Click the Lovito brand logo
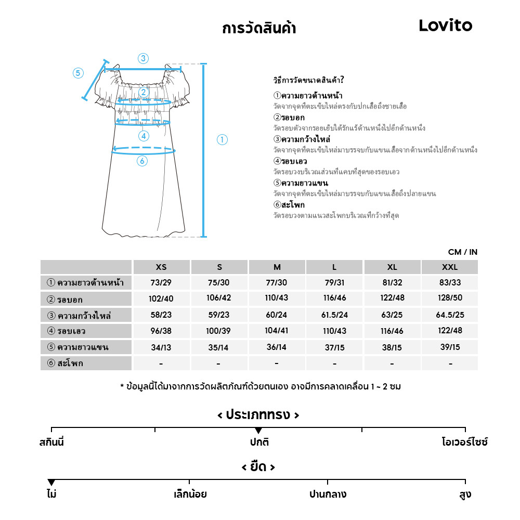point(445,25)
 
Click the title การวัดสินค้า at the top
point(258,28)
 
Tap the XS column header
point(161,267)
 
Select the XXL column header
point(449,267)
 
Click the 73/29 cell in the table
point(161,283)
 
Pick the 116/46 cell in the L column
point(334,299)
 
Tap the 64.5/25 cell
point(449,315)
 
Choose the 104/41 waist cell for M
point(277,331)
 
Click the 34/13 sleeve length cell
point(161,347)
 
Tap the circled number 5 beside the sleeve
point(78,73)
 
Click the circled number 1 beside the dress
point(222,139)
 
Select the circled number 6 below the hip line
point(142,161)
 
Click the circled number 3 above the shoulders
point(143,58)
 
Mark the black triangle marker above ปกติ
point(258,431)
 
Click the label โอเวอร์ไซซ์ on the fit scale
point(465,443)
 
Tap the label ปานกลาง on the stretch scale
point(328,494)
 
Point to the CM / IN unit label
point(462,252)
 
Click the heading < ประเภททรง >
point(258,415)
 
